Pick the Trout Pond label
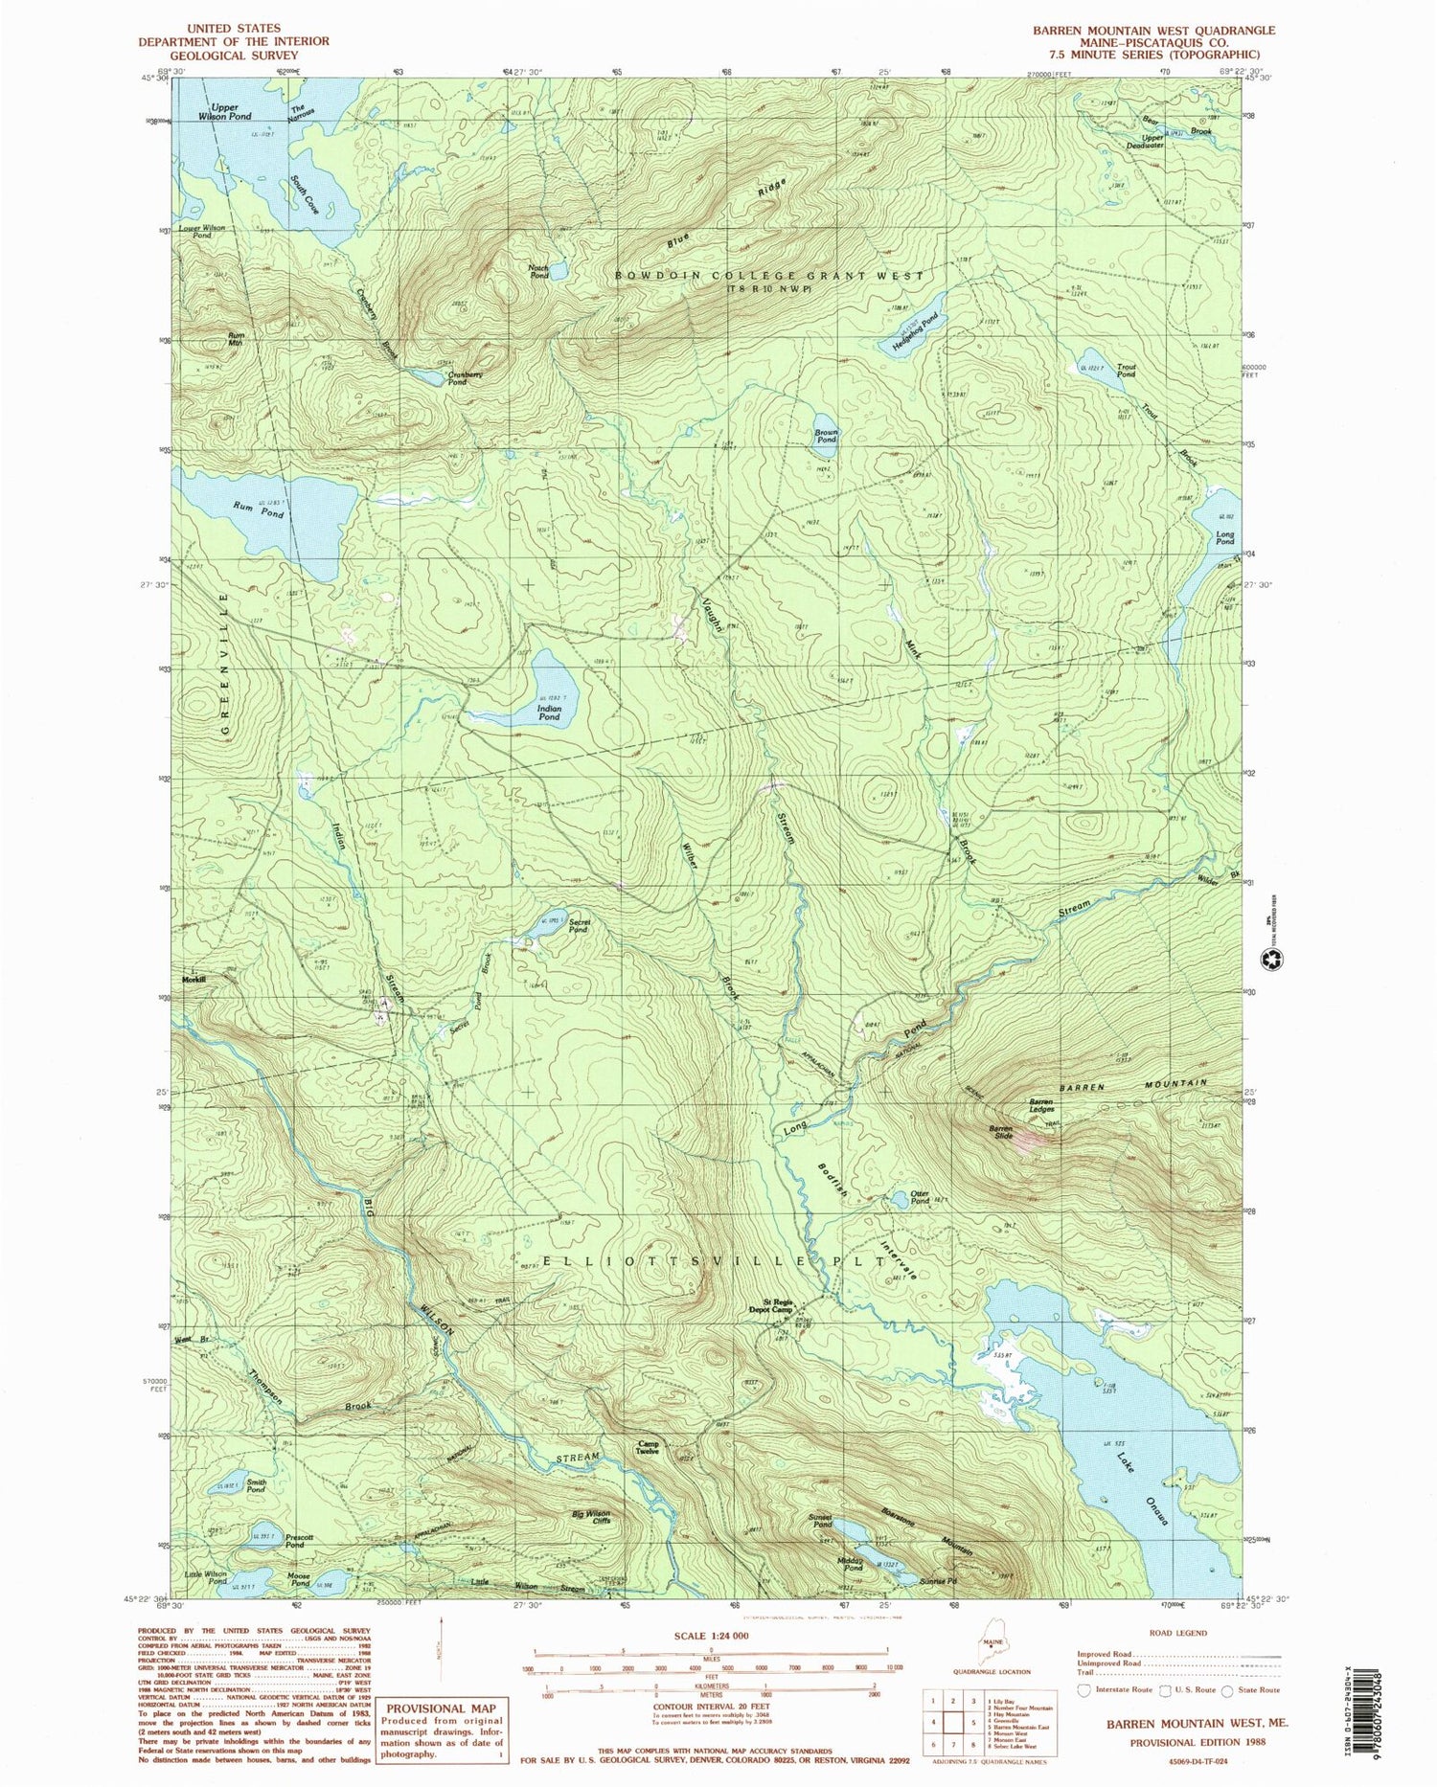(x=1126, y=370)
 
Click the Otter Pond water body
(x=900, y=1200)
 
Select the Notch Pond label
(x=539, y=271)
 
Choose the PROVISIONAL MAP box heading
(x=442, y=1708)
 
